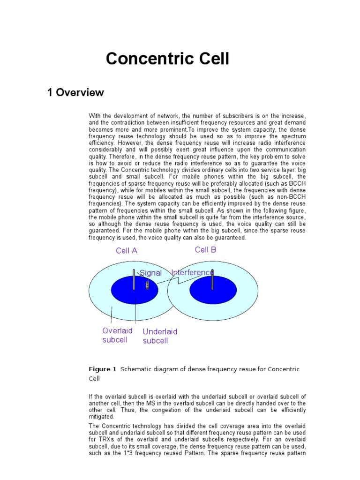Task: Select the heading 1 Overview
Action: (75, 93)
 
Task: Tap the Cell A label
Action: (127, 251)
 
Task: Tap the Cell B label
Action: (205, 250)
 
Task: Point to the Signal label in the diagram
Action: (150, 273)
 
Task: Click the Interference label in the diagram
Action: (192, 272)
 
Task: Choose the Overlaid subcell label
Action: (117, 335)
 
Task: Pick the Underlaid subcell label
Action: (160, 336)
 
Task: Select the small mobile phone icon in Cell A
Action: (147, 285)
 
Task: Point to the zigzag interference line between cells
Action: (178, 280)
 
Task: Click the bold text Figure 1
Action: (103, 369)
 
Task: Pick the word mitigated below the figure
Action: (101, 416)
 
